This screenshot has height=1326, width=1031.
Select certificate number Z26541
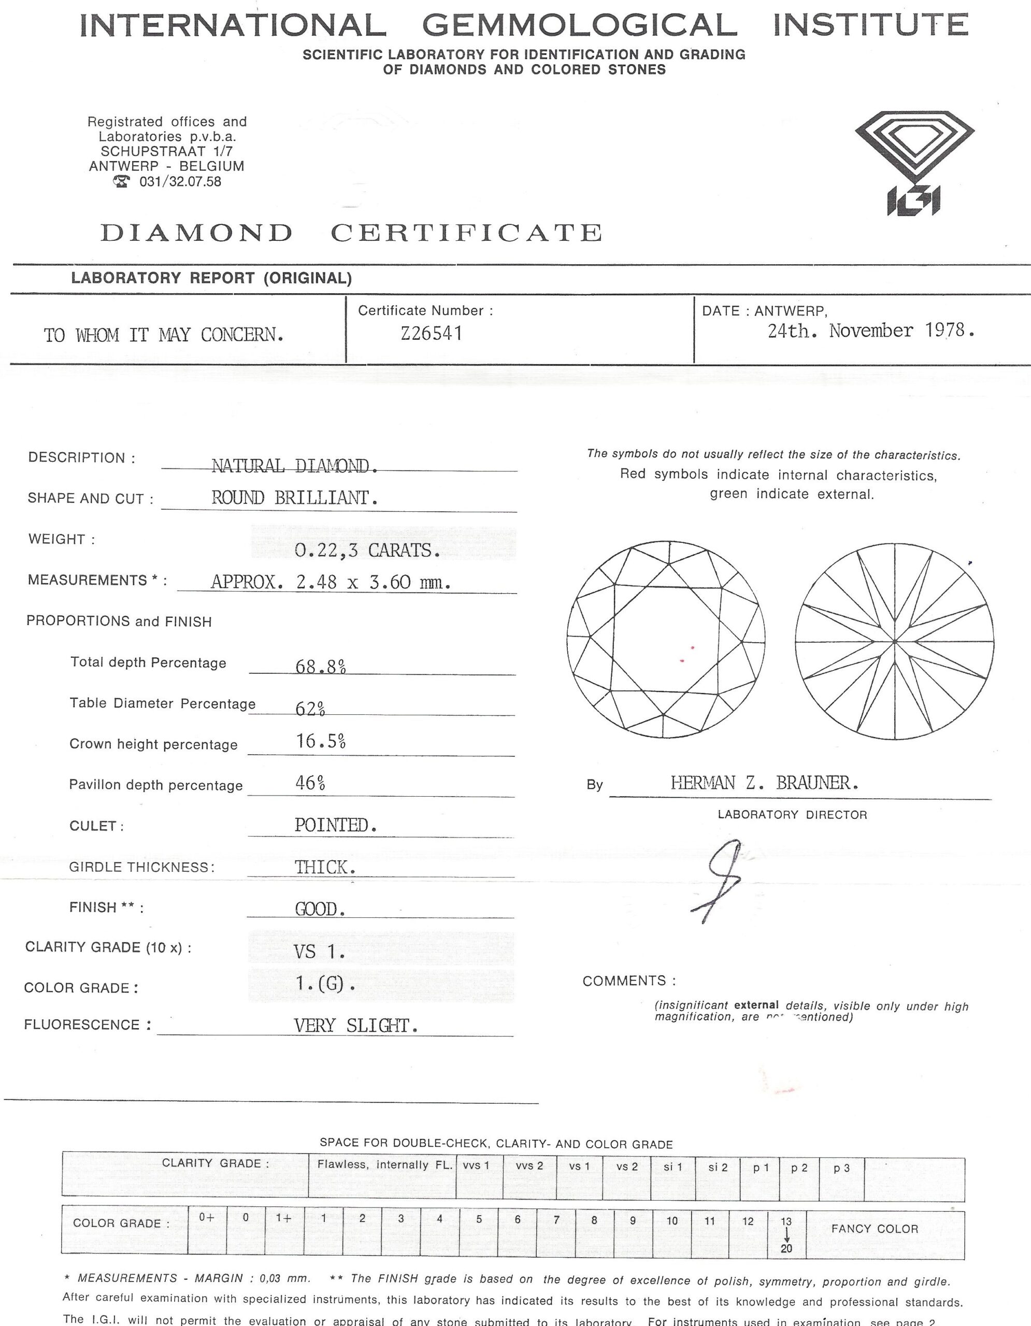432,334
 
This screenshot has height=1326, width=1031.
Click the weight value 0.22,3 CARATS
367,550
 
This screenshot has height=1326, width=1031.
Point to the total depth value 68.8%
321,667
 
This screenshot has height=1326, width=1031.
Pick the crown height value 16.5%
321,741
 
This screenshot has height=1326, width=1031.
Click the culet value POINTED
336,825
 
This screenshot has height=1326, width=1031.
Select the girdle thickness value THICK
325,867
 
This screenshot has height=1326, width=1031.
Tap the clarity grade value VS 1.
319,952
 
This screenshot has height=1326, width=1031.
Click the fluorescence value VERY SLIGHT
356,1026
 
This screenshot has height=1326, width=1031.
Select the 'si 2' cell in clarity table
718,1167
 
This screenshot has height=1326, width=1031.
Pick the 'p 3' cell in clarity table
841,1167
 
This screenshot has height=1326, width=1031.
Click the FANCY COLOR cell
875,1229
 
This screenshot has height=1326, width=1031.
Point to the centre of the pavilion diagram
894,641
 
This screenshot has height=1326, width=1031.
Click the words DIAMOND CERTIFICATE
351,233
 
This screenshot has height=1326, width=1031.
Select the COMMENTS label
629,981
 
